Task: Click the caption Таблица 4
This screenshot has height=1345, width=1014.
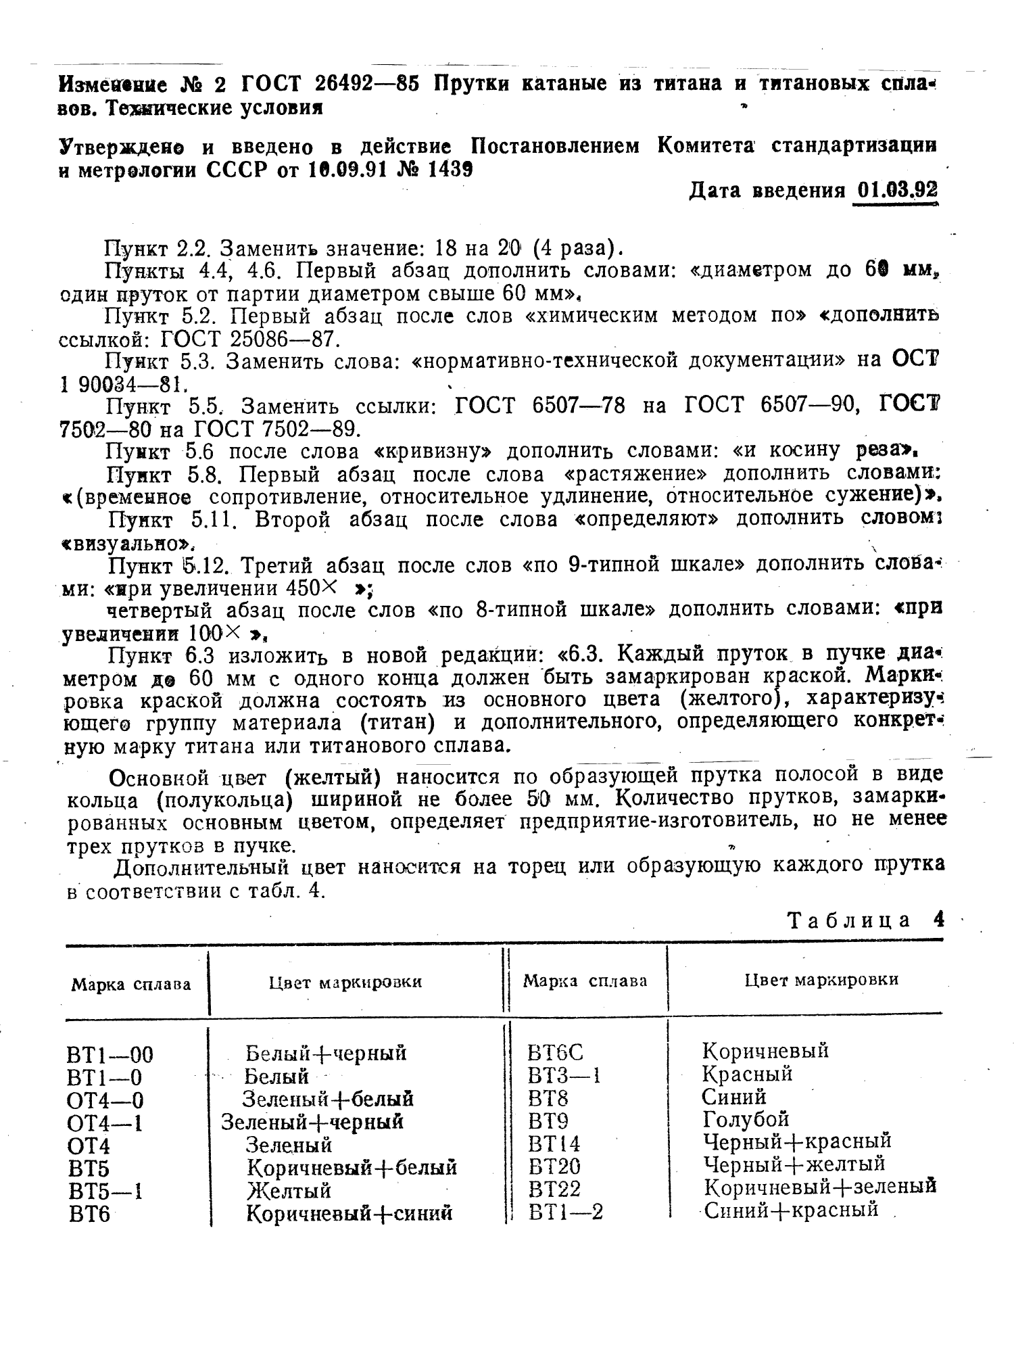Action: tap(866, 920)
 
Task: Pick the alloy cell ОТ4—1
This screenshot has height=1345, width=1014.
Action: tap(105, 1123)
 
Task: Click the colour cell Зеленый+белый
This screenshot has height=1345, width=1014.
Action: tap(328, 1099)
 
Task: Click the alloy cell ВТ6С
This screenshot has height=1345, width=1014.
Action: tap(555, 1052)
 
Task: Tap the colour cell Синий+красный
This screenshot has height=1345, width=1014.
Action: tap(791, 1210)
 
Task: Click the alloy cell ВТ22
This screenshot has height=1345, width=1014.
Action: tap(555, 1188)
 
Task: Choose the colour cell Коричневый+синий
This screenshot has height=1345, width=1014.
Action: tap(349, 1214)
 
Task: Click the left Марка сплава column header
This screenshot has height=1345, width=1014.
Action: tap(131, 984)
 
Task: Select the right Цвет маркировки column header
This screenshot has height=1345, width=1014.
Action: tap(821, 980)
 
